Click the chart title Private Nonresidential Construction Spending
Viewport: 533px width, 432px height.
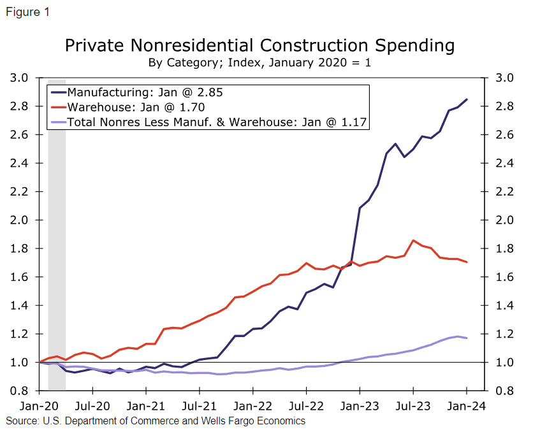coord(259,46)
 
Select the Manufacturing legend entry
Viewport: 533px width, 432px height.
coord(145,92)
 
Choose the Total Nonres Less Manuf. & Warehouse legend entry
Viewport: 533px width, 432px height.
coord(217,121)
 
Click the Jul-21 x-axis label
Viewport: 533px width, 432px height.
coord(199,405)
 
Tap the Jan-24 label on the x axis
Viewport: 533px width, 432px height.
coord(466,405)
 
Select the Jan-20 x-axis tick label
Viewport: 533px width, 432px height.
coord(39,405)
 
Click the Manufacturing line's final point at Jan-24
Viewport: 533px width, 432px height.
coord(467,99)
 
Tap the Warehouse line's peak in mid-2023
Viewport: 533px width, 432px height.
coord(414,241)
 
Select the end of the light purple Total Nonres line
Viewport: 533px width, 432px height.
coord(467,338)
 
